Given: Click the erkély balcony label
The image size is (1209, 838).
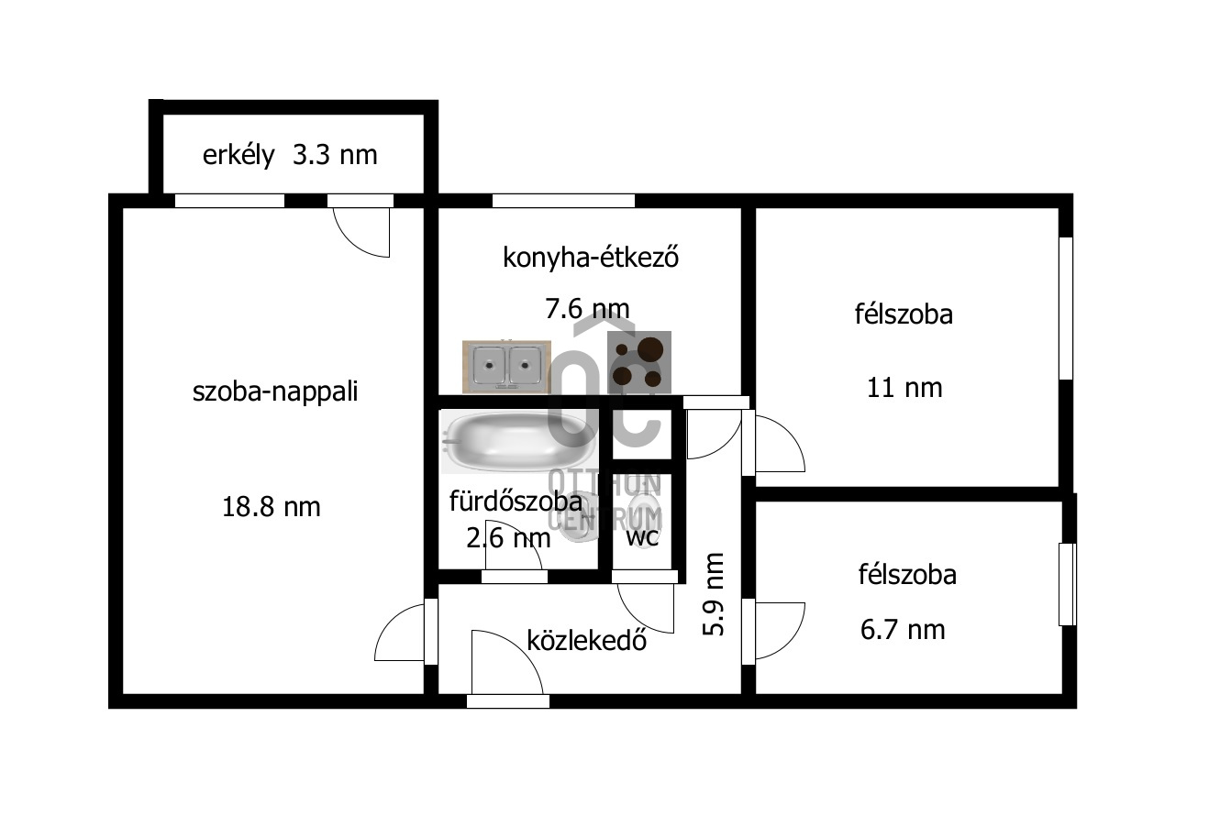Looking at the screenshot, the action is (x=238, y=156).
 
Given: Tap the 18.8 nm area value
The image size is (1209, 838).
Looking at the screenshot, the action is (x=271, y=507).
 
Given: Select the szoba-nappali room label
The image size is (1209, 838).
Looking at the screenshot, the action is (x=275, y=391).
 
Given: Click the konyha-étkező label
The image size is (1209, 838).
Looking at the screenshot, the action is (x=591, y=258).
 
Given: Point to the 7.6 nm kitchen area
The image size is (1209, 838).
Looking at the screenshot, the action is (x=587, y=309).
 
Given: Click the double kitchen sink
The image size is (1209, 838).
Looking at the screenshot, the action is (x=507, y=367).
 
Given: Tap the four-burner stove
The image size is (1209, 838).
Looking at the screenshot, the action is (x=639, y=362).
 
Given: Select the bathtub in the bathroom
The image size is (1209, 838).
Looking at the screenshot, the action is (x=517, y=441).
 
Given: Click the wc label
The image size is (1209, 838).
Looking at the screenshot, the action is (x=642, y=537).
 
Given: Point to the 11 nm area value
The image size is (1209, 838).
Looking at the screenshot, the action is (x=904, y=388).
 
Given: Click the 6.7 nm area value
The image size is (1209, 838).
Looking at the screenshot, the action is (x=903, y=630).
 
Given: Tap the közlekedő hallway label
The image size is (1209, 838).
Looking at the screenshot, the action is (x=587, y=641).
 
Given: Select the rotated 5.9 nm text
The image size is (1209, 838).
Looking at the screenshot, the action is (x=713, y=594).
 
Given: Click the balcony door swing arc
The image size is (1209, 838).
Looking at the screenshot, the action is (x=350, y=242).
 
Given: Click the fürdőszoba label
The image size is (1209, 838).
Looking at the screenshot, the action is (x=516, y=502).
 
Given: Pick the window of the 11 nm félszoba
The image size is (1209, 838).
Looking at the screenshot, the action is (x=1066, y=308).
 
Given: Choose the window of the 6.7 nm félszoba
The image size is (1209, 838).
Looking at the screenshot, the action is (x=1067, y=584).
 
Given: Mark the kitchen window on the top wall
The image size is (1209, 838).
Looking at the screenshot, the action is (x=563, y=201).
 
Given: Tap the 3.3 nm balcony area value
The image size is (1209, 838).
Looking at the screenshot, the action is (x=335, y=155).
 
